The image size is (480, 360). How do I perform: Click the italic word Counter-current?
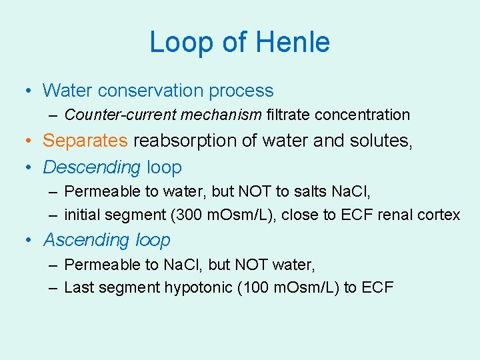113,115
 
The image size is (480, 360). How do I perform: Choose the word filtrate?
288,115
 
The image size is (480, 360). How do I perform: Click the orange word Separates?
85,141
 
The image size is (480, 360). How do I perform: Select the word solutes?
381,141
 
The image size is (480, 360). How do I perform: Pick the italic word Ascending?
86,239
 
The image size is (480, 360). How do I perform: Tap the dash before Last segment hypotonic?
53,287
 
